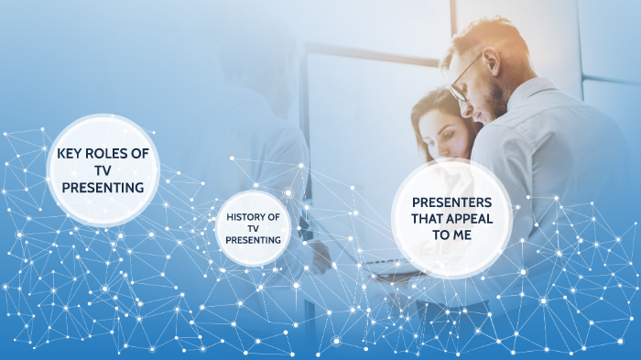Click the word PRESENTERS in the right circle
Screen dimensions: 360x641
(451, 202)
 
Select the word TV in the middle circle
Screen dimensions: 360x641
(253, 229)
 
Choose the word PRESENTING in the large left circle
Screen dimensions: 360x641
(103, 187)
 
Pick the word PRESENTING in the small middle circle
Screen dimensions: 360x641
(253, 240)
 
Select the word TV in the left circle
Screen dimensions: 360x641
(103, 169)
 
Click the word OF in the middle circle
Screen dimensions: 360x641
(273, 217)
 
